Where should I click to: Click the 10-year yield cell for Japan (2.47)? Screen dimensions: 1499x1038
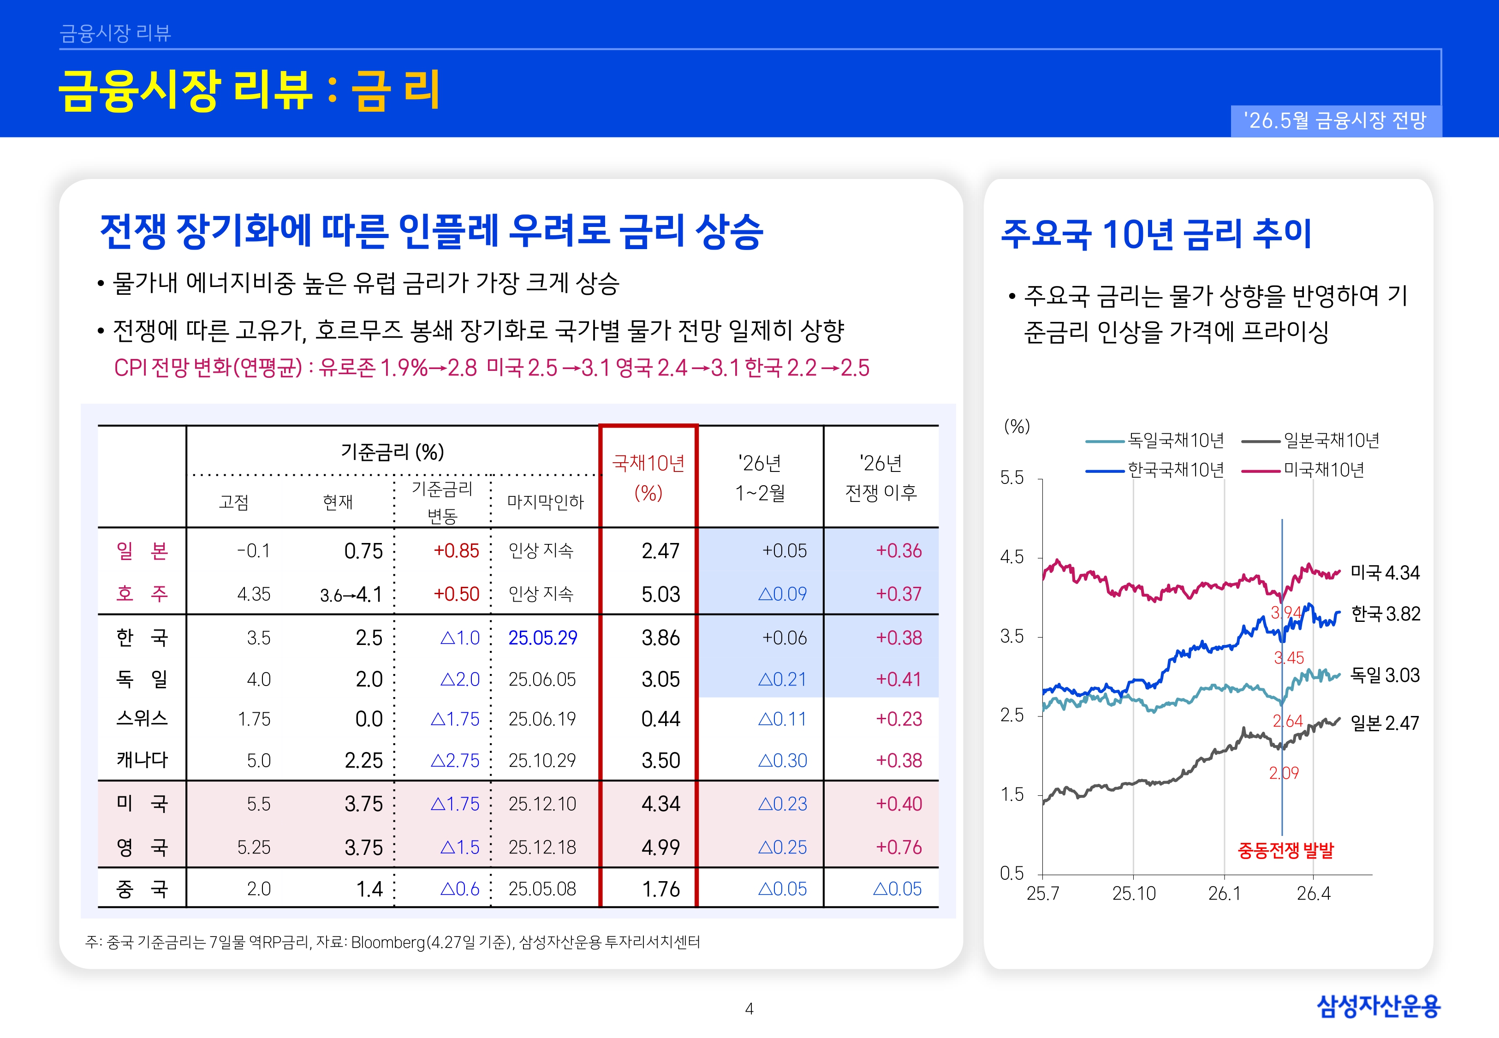[x=660, y=551]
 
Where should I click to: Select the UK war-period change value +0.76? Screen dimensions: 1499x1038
[x=899, y=847]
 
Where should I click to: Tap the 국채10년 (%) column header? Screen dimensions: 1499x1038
[x=648, y=477]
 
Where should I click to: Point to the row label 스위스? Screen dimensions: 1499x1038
[x=142, y=719]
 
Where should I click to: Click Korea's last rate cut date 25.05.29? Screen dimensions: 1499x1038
[x=543, y=638]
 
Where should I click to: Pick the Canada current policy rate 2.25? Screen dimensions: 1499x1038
[x=364, y=760]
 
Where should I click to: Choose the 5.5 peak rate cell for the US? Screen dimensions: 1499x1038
[x=259, y=804]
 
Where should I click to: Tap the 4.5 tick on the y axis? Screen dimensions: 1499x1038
[x=1011, y=557]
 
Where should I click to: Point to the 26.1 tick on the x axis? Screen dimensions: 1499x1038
[x=1224, y=894]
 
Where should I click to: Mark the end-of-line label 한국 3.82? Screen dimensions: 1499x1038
[x=1385, y=613]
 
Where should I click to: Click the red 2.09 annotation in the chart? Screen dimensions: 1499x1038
[x=1284, y=773]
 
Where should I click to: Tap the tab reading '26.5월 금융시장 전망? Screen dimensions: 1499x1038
[x=1335, y=120]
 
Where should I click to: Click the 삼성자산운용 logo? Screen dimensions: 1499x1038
[x=1378, y=1006]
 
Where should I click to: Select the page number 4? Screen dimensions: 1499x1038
[x=749, y=1009]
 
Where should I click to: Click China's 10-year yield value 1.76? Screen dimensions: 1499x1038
[x=661, y=889]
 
